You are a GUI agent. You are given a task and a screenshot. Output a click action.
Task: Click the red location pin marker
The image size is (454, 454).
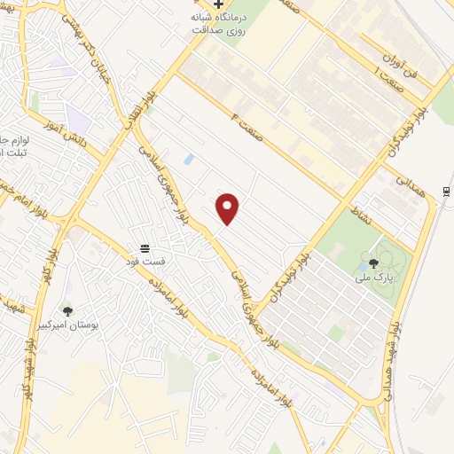(228, 207)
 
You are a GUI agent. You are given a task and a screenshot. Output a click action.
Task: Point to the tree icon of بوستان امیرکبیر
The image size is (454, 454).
(67, 310)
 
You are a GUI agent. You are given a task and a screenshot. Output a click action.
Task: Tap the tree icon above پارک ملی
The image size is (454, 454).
(373, 262)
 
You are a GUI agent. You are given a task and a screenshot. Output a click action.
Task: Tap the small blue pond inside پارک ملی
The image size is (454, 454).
(362, 267)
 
